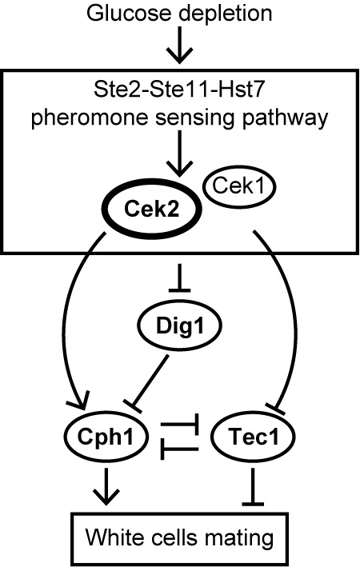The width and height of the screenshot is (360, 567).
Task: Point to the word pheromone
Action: pyautogui.click(x=90, y=118)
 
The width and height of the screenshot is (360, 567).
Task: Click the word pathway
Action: pyautogui.click(x=286, y=118)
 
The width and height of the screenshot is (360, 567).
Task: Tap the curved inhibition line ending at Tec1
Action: pyautogui.click(x=297, y=318)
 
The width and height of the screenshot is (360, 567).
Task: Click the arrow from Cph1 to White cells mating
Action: pyautogui.click(x=106, y=486)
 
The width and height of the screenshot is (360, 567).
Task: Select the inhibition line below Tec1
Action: pyautogui.click(x=253, y=486)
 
